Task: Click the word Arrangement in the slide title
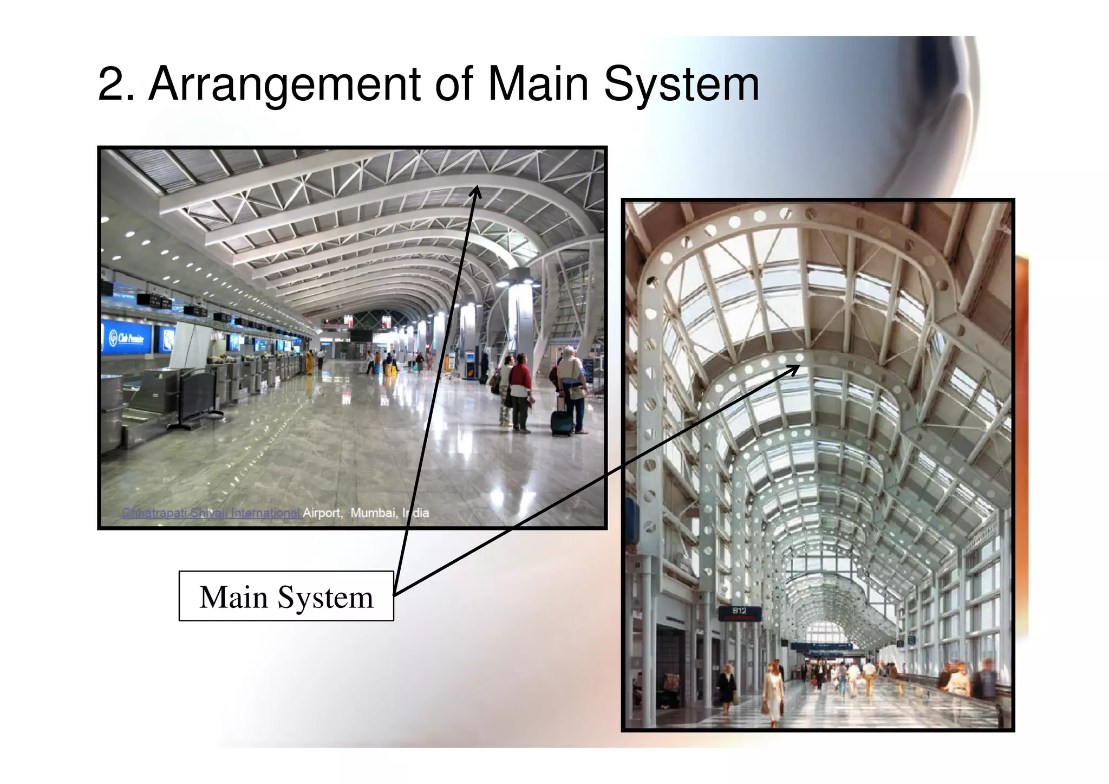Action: [x=284, y=85]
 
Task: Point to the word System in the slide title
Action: [x=681, y=85]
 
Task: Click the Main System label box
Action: [x=286, y=596]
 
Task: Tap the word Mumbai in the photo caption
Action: [x=373, y=513]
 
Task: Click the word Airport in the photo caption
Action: [x=322, y=513]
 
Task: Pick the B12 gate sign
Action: [x=739, y=611]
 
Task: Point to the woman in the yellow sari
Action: [x=310, y=362]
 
